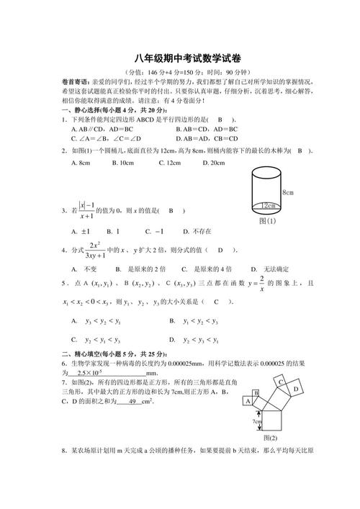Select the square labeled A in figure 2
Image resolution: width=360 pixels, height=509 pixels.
coord(249,401)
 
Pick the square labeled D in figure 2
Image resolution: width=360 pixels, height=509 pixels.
coord(296,389)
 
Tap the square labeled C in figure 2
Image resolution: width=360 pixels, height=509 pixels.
coord(283,382)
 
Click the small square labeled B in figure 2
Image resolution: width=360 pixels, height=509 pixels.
coord(256,392)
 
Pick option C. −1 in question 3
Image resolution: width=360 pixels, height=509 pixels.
coord(154,231)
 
